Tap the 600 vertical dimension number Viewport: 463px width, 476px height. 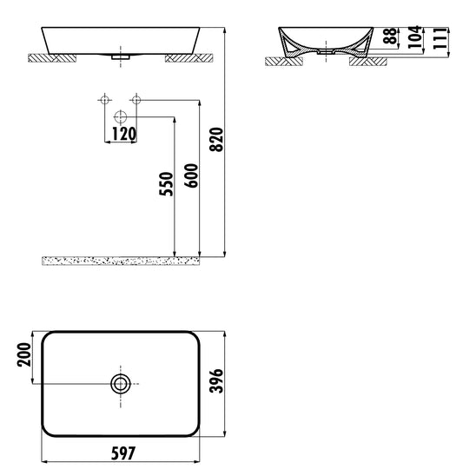(192, 183)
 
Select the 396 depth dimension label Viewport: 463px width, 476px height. (219, 382)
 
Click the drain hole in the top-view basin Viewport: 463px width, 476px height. (121, 382)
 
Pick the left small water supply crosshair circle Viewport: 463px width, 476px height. (106, 101)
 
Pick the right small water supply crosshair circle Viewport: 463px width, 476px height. (136, 101)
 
